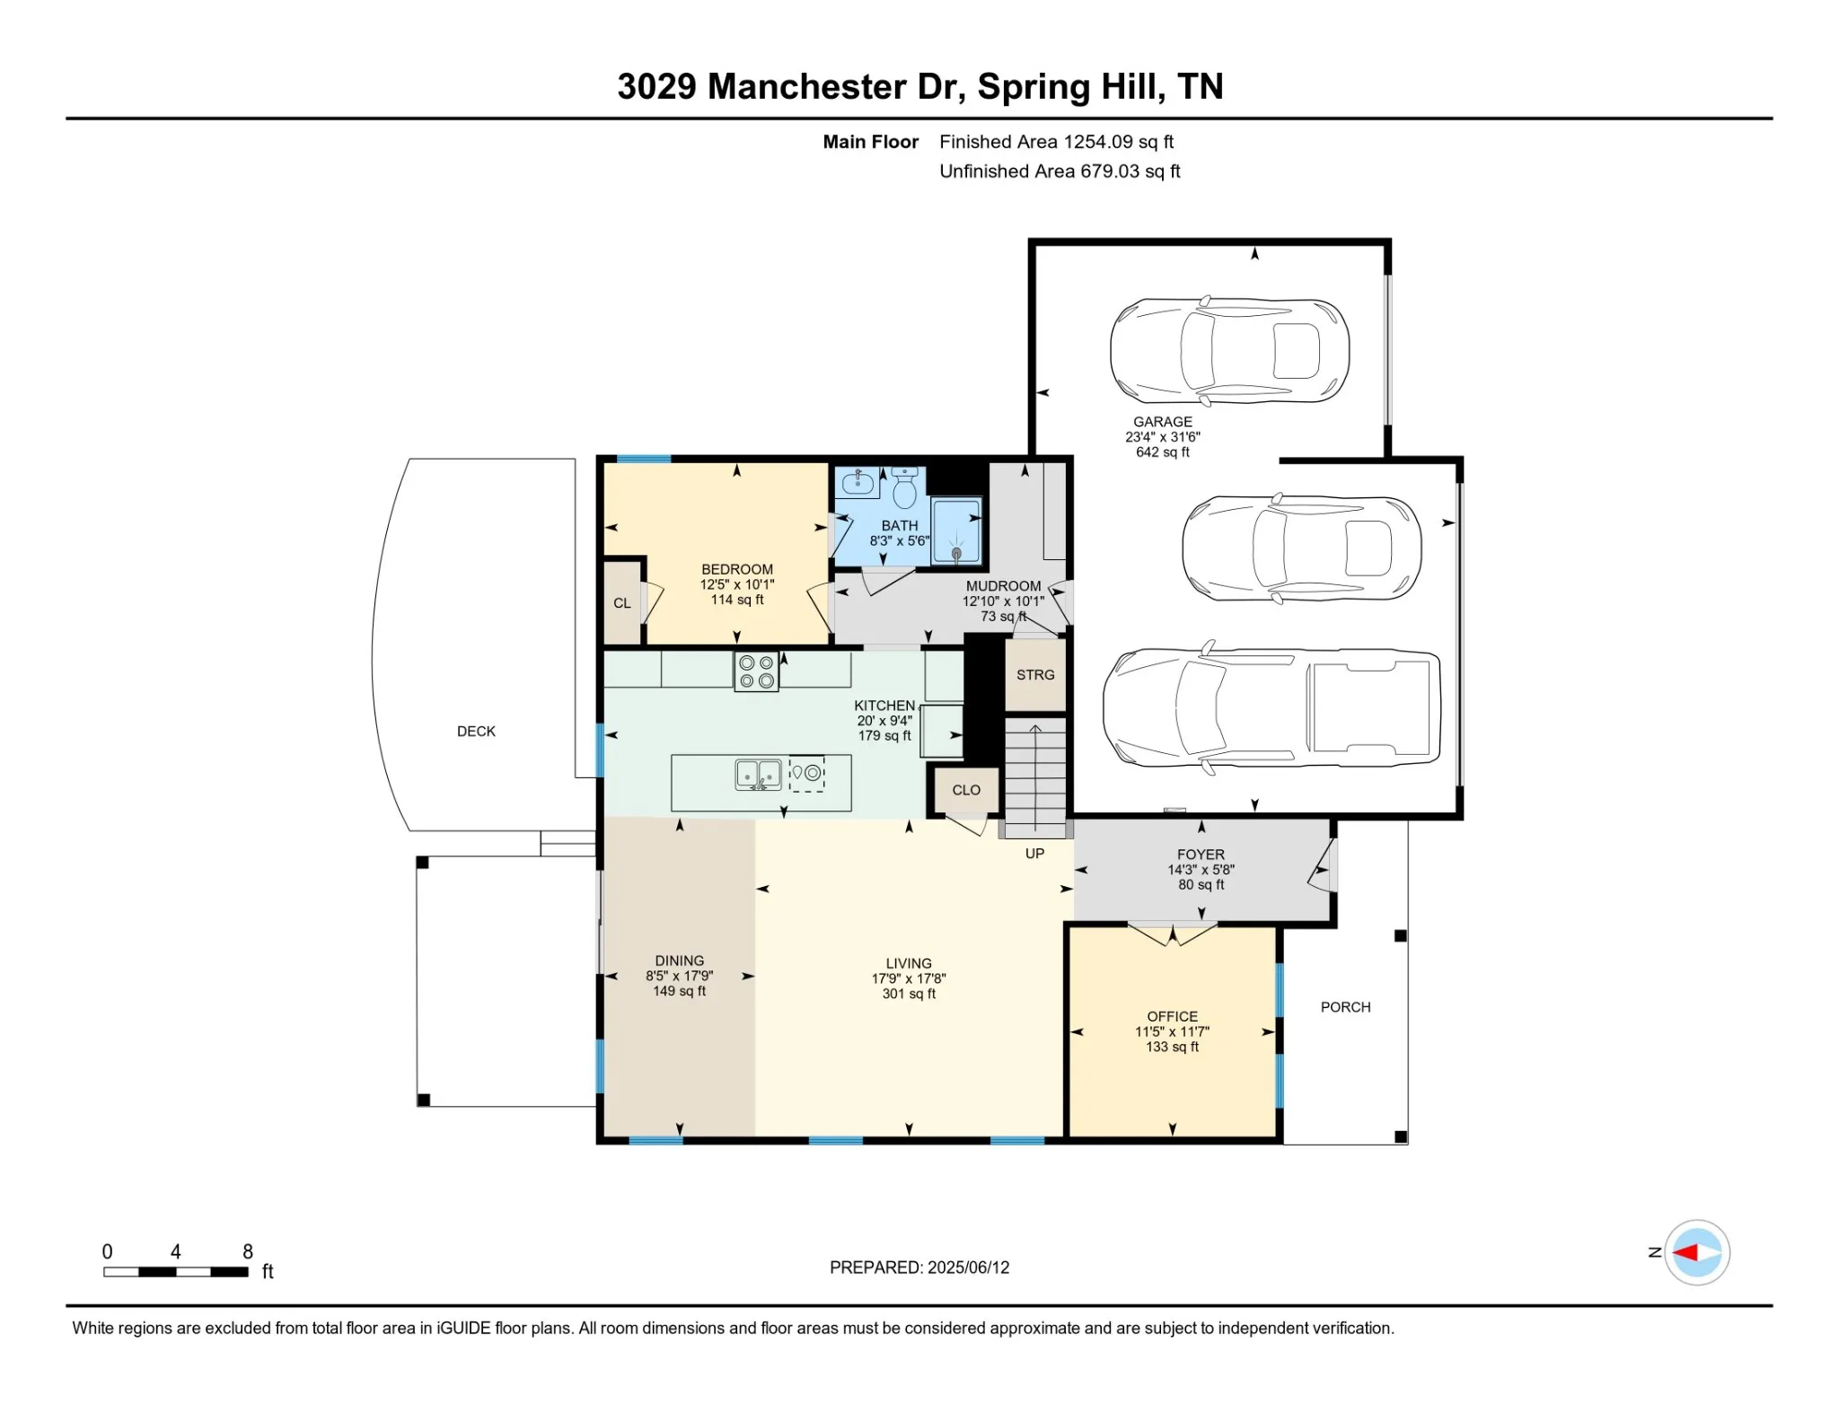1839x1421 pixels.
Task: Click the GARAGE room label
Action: click(x=1163, y=422)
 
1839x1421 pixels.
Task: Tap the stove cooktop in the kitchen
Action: click(x=756, y=671)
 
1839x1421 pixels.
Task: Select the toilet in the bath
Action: click(x=904, y=487)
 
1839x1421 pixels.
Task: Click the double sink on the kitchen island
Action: click(x=759, y=775)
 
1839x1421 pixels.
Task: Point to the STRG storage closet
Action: click(x=1035, y=675)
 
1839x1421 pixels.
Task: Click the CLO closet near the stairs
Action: click(x=966, y=790)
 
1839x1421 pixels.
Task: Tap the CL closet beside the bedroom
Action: click(x=622, y=602)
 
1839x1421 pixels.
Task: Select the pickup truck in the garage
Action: click(x=1271, y=708)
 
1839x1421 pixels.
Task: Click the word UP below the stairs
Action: click(x=1035, y=854)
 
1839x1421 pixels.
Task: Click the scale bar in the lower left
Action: click(x=176, y=1272)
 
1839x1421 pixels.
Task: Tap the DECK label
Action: click(x=476, y=732)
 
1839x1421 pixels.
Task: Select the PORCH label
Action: click(x=1345, y=1007)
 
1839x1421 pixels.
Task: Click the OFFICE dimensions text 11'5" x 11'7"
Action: click(x=1172, y=1032)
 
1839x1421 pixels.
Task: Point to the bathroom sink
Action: click(x=858, y=483)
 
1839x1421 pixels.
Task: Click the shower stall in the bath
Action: click(x=956, y=531)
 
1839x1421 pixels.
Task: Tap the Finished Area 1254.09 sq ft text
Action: click(x=1056, y=142)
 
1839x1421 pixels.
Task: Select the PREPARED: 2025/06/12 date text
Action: click(x=919, y=1267)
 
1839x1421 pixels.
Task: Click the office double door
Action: click(x=1172, y=934)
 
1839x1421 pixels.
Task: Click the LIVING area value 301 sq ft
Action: click(x=909, y=994)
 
